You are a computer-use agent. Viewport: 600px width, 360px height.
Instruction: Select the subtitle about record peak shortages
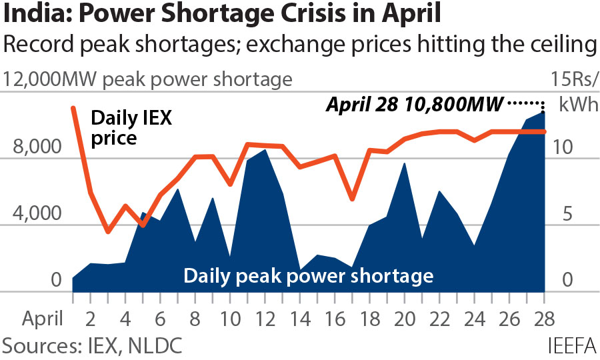tap(299, 46)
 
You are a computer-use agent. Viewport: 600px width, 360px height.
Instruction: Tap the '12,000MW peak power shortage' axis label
tap(148, 79)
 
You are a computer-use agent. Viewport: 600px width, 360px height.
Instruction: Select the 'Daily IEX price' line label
tap(131, 129)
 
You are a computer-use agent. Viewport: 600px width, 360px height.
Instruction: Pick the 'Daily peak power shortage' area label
tap(309, 275)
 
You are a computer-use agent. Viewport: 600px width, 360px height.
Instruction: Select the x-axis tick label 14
tap(299, 317)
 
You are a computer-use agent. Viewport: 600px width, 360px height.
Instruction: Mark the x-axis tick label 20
tap(403, 317)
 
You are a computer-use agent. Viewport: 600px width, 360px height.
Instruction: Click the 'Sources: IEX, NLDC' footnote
tap(93, 345)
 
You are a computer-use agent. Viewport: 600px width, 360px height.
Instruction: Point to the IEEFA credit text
tap(571, 345)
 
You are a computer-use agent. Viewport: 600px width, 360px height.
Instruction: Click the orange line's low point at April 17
tap(352, 199)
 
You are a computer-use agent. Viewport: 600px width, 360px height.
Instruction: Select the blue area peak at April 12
tap(265, 150)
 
